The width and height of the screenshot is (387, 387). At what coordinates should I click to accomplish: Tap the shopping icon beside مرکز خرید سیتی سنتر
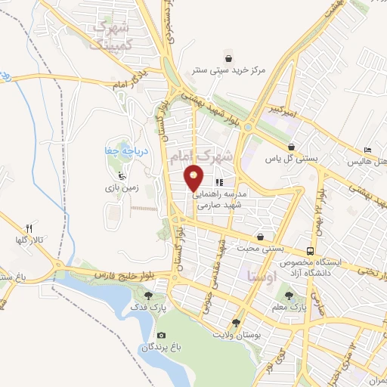[x=229, y=57]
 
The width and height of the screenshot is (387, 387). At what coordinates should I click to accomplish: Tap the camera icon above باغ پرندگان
[x=160, y=335]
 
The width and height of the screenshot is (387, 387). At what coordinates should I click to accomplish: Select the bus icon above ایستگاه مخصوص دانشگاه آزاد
[x=311, y=250]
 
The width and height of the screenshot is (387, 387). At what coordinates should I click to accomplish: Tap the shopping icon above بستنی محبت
[x=260, y=237]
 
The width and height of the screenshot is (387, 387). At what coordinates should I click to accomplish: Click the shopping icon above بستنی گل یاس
[x=292, y=147]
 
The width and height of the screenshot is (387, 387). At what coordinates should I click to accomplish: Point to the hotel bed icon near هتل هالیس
[x=368, y=151]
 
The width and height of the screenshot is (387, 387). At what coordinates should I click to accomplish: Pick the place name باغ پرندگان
[x=160, y=347]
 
